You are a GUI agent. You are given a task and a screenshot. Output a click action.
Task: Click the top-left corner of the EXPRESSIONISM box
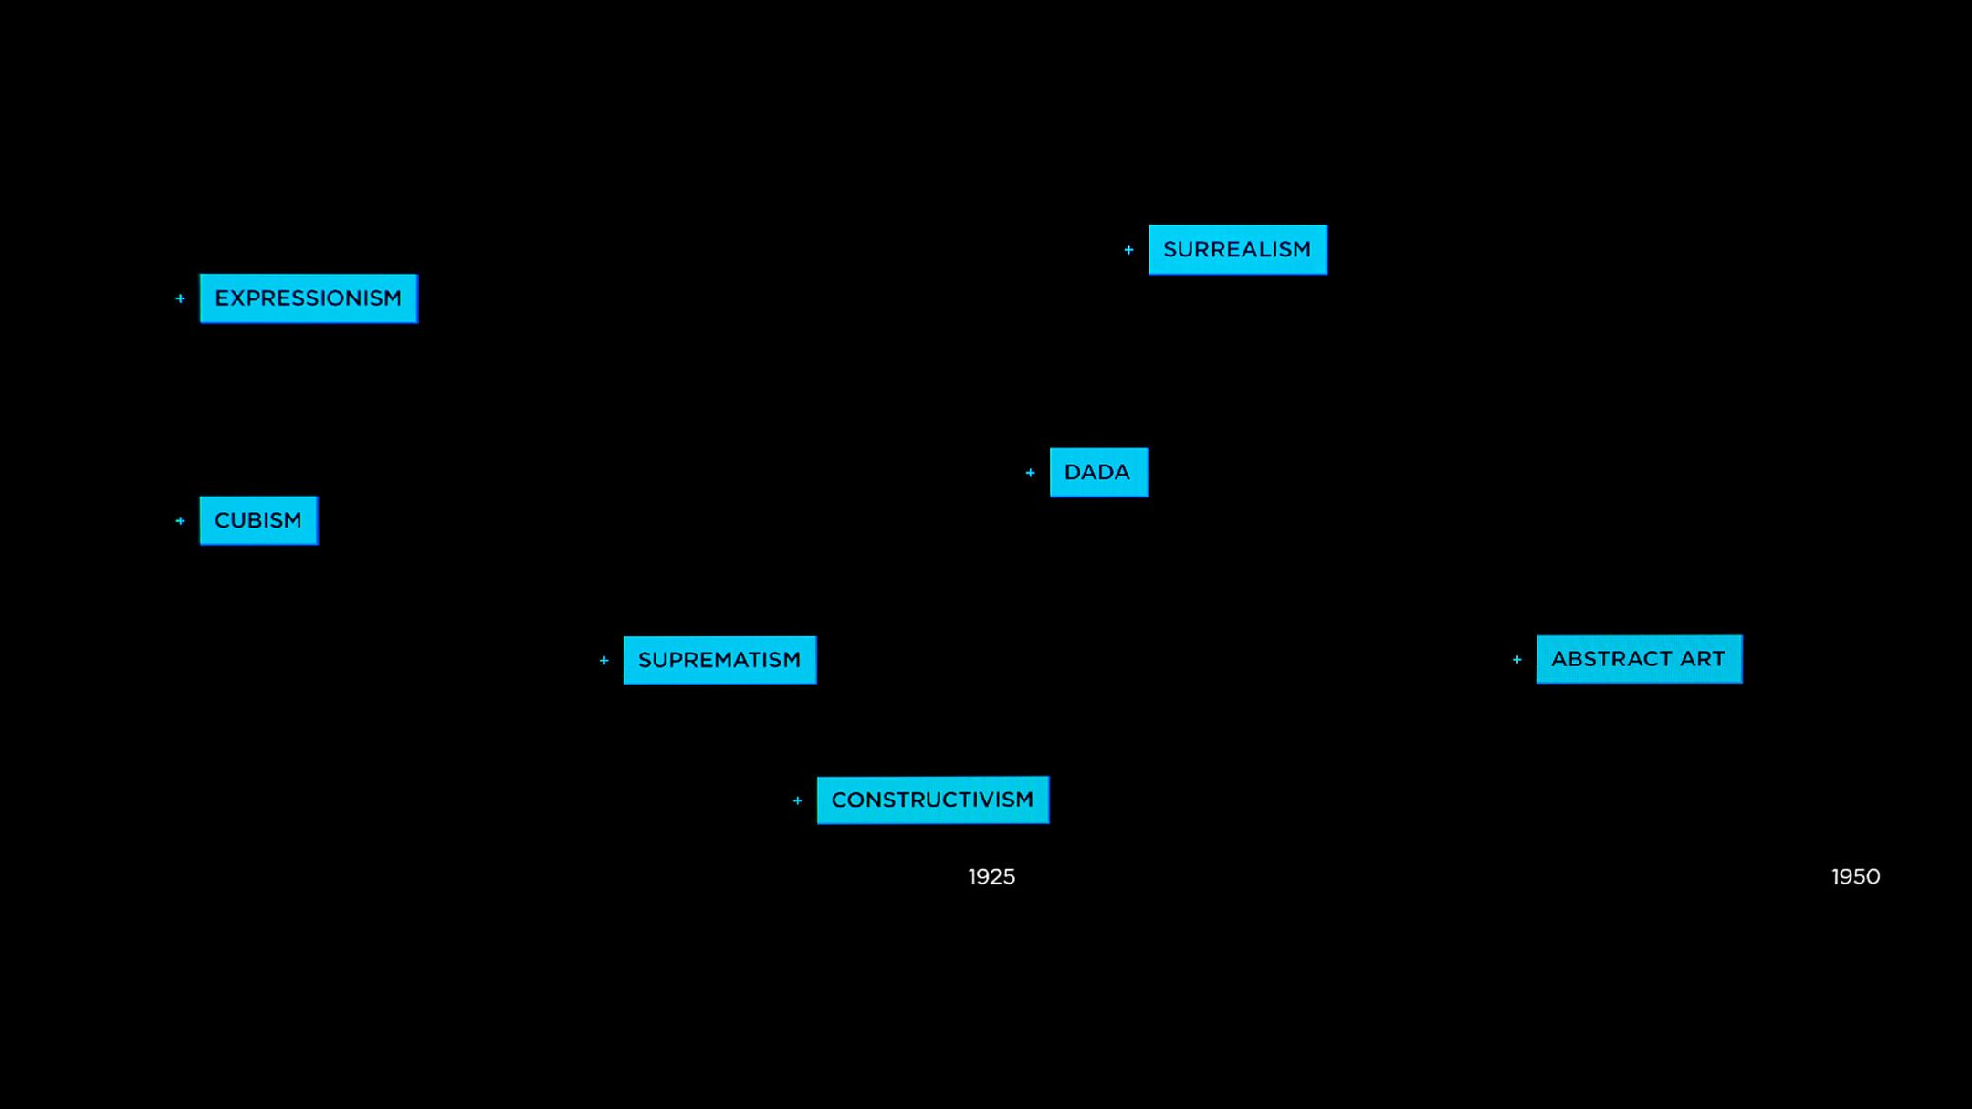click(x=200, y=274)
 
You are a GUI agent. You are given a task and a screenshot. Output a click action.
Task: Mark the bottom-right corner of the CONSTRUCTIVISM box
click(x=1049, y=824)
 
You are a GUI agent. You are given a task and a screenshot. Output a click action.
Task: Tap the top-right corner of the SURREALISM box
click(x=1327, y=225)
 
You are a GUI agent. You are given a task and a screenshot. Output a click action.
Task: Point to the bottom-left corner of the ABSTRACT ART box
click(x=1537, y=683)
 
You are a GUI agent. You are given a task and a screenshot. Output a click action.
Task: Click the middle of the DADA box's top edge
click(x=1098, y=448)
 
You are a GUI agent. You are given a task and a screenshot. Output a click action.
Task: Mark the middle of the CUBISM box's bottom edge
click(x=258, y=545)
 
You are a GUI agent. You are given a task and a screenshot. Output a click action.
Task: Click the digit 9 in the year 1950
click(x=1843, y=877)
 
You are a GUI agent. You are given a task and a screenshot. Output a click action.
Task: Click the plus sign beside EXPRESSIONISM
click(x=180, y=298)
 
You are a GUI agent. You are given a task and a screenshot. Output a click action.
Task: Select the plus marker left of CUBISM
click(x=180, y=520)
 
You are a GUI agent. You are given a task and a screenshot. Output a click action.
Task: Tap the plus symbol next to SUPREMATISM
click(x=603, y=660)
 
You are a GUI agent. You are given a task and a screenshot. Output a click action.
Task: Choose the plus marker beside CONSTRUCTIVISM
click(x=797, y=800)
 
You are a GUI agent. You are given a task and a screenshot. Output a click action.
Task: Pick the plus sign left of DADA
click(x=1030, y=473)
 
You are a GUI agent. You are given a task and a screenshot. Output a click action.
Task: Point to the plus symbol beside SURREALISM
click(x=1128, y=250)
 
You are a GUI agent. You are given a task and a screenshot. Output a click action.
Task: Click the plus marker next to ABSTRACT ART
click(x=1516, y=659)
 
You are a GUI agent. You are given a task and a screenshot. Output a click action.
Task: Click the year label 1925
click(x=991, y=877)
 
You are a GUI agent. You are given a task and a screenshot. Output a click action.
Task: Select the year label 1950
click(x=1856, y=877)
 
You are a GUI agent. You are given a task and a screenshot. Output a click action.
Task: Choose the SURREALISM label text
click(x=1237, y=249)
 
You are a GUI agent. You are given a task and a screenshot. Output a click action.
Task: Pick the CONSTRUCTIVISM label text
click(x=932, y=800)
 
